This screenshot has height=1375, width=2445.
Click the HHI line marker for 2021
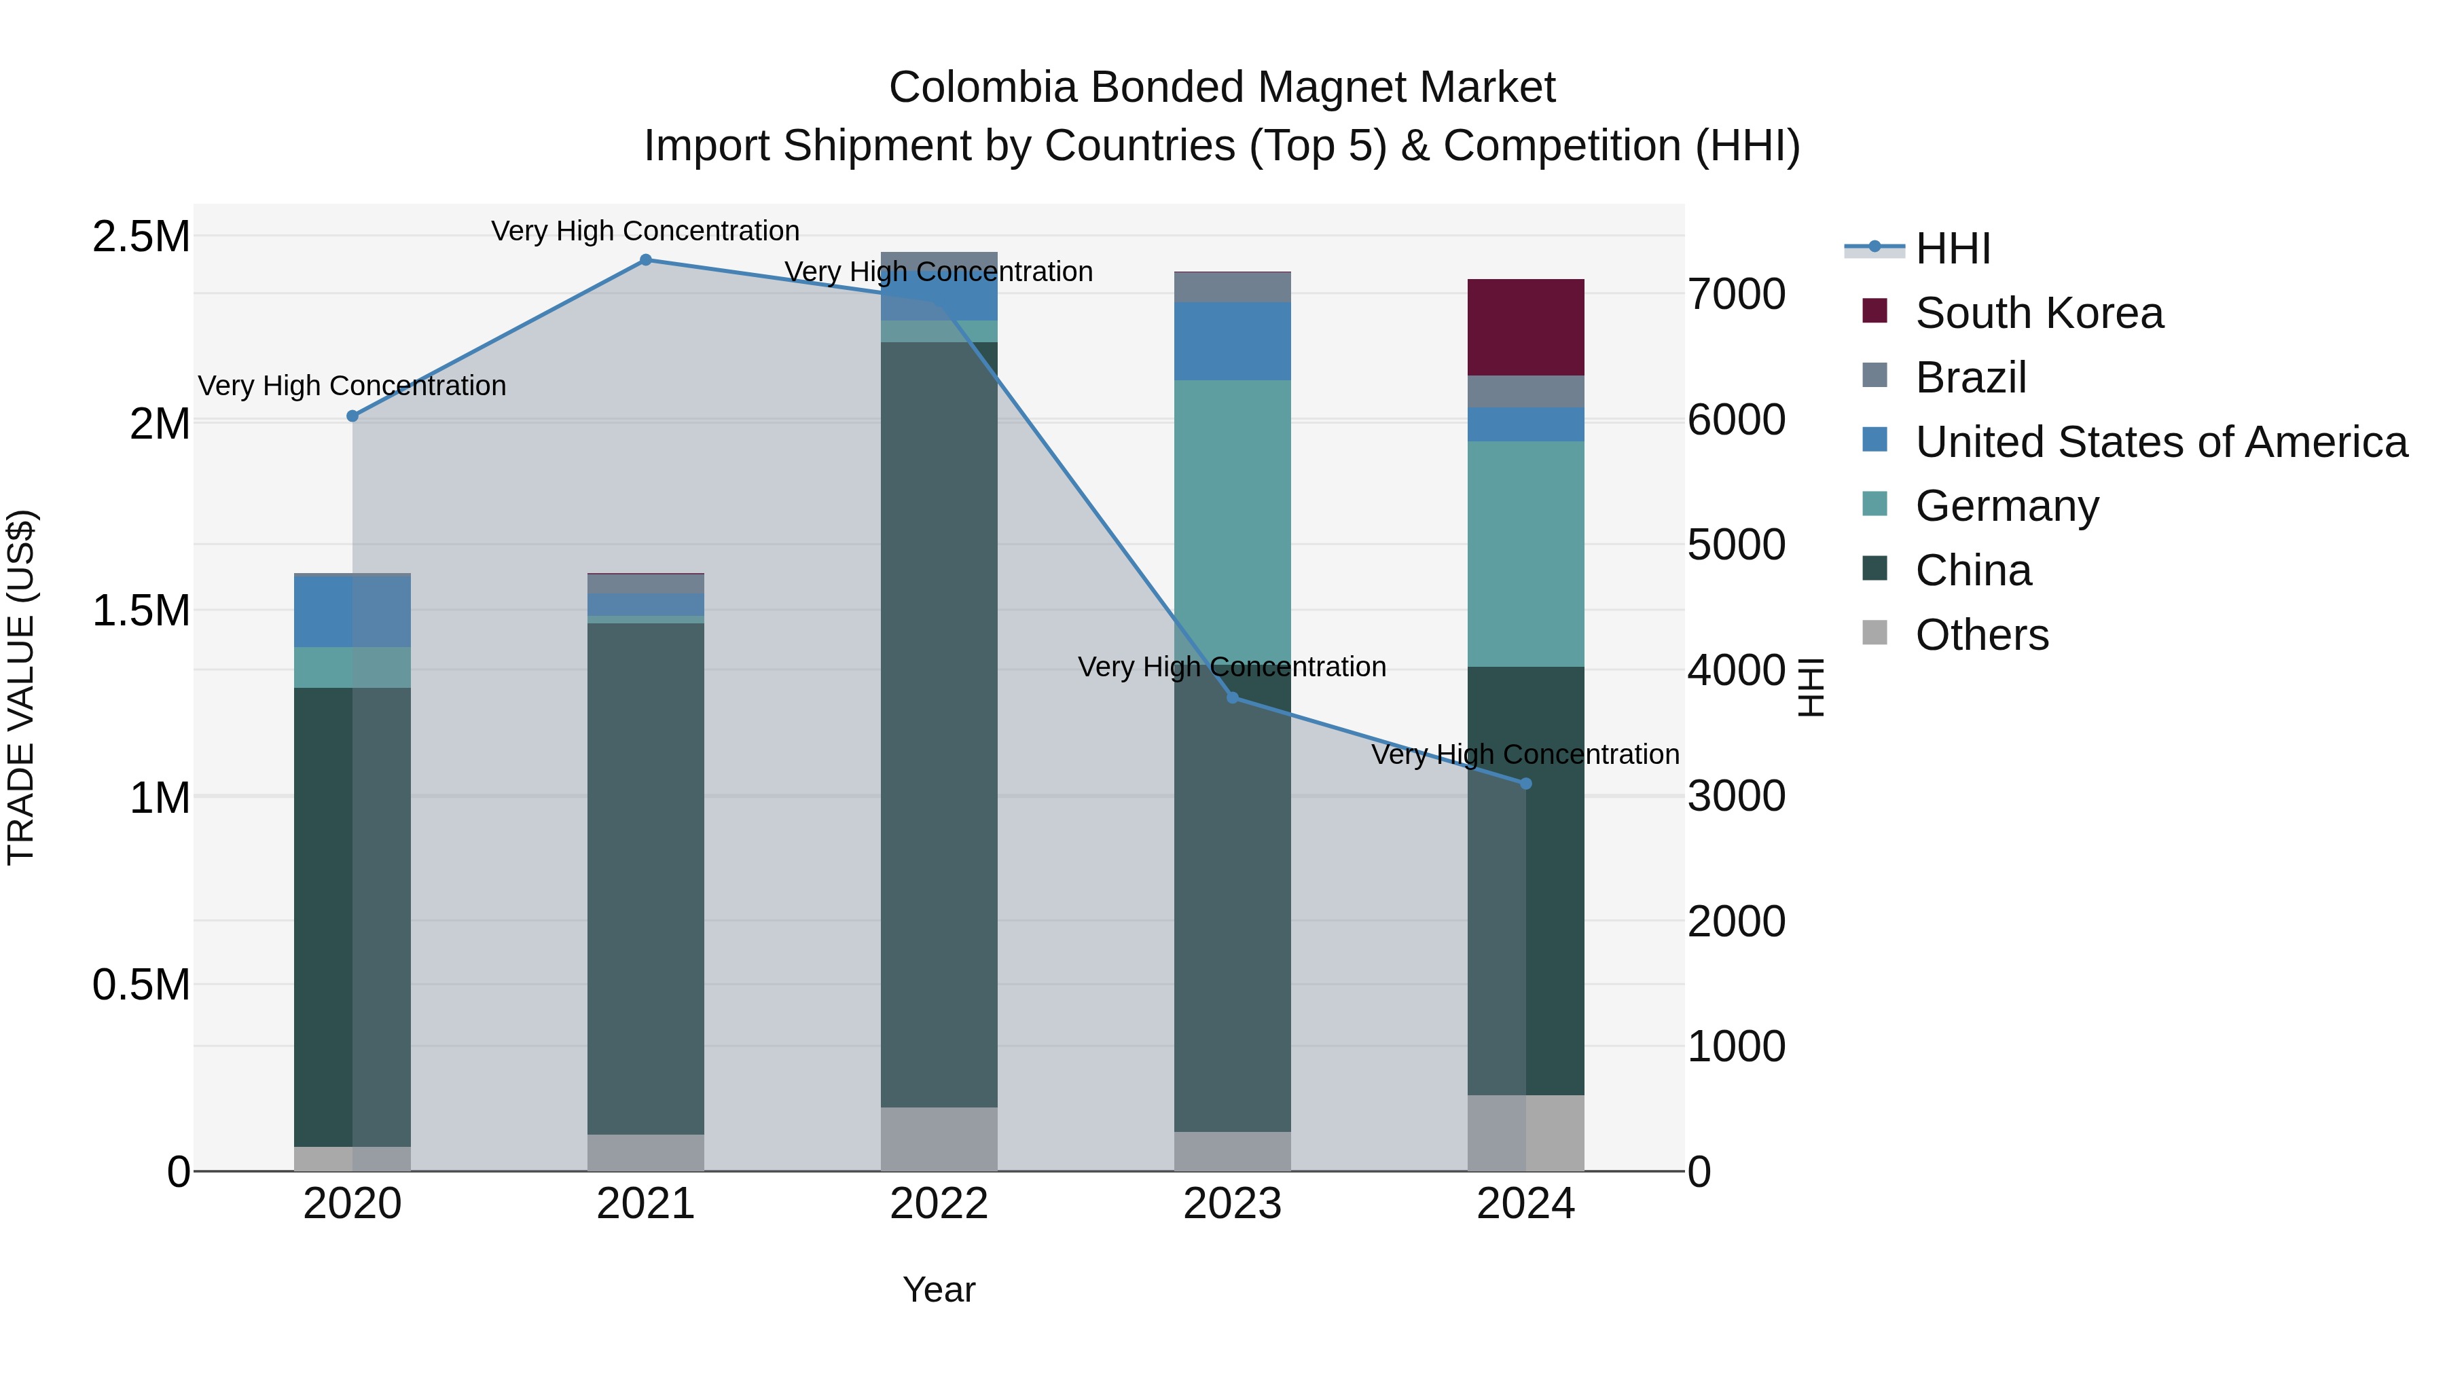tap(645, 260)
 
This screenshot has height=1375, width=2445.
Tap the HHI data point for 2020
tap(352, 416)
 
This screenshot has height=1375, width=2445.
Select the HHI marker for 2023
tap(1232, 697)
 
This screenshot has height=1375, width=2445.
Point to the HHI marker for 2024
tap(1525, 784)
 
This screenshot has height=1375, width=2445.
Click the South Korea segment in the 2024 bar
tap(1525, 327)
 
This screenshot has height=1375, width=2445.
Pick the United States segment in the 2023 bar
tap(1232, 342)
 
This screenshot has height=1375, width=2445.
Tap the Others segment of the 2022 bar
tap(939, 1139)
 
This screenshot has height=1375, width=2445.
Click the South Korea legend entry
tap(2039, 313)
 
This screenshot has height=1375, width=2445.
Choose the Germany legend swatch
tap(1874, 504)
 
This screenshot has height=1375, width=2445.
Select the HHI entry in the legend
tap(1953, 249)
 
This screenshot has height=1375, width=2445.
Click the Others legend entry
tap(1982, 635)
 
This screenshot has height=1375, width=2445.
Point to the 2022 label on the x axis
tap(939, 1204)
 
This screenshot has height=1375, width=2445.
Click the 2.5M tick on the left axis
tap(141, 236)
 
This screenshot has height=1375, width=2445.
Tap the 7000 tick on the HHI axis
tap(1736, 294)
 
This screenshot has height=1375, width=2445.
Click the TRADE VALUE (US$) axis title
tap(21, 687)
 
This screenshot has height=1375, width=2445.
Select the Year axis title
tap(939, 1289)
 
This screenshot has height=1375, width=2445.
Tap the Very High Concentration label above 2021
tap(645, 231)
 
